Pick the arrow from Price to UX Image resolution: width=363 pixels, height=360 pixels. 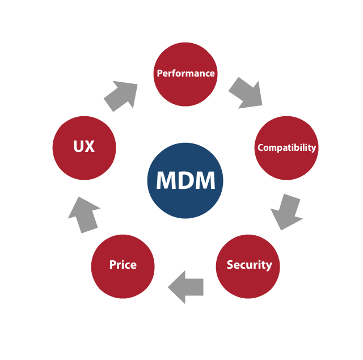coord(84,214)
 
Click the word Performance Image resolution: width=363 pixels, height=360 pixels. coord(185,73)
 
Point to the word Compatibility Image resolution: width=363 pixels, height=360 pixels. coord(286,147)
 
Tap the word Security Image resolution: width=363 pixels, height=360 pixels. coord(249,265)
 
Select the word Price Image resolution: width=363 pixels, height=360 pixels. coord(123,265)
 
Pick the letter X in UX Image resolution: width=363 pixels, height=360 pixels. coord(90,147)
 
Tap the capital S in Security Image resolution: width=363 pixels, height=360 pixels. coord(230,265)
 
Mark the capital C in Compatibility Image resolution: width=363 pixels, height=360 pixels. coord(260,147)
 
